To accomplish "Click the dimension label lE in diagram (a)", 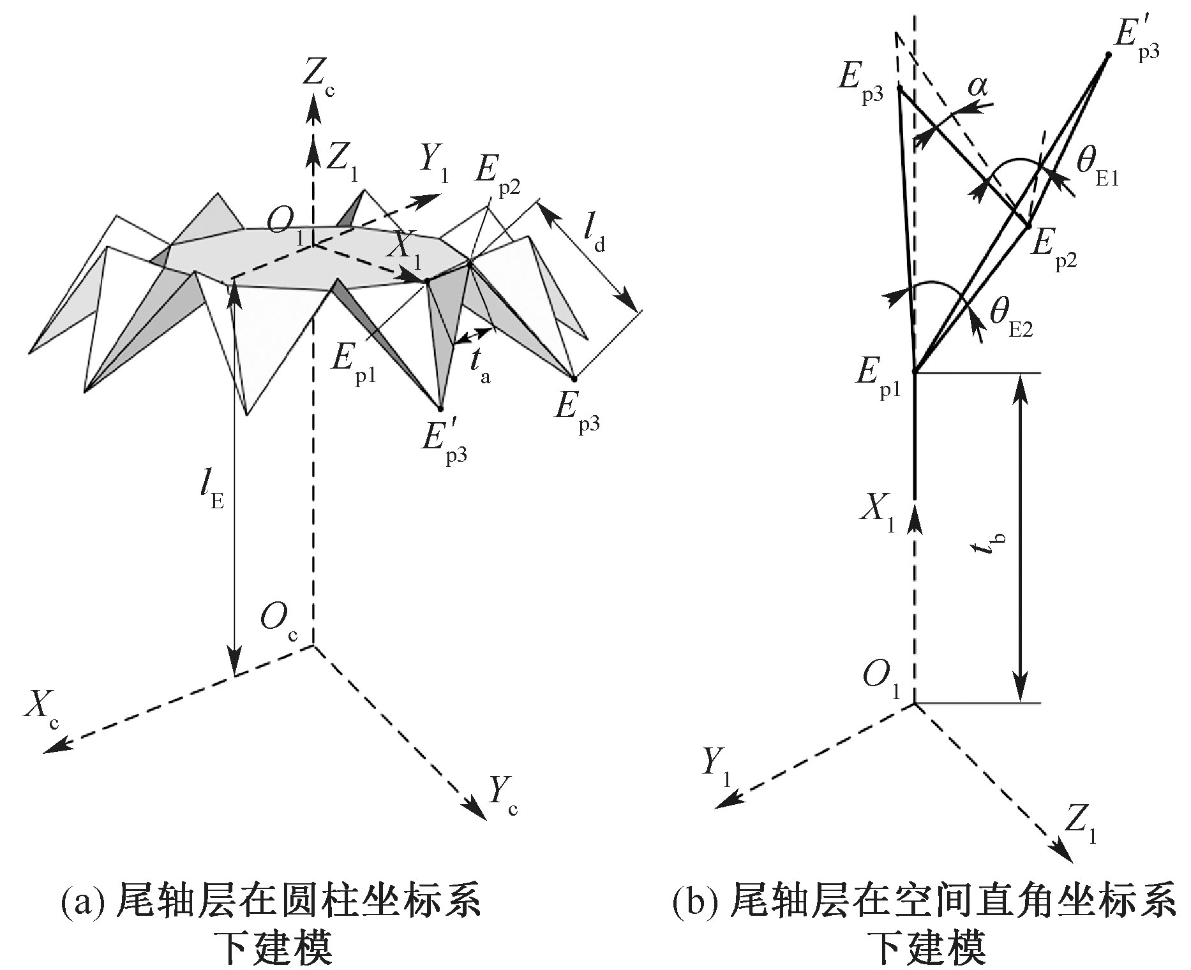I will point(211,491).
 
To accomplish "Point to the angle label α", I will point(976,86).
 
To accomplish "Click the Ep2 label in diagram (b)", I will point(1053,249).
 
